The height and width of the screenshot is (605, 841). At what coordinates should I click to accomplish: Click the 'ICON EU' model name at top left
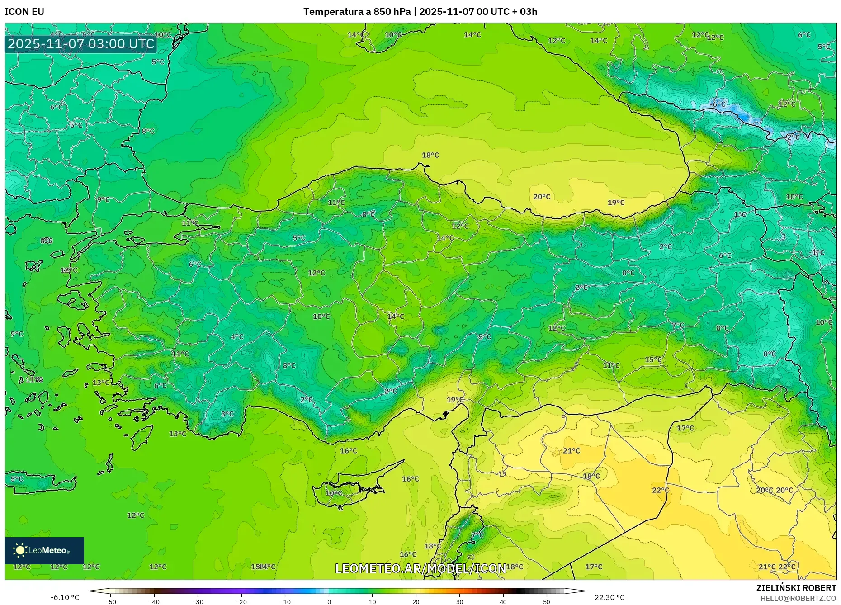(x=24, y=12)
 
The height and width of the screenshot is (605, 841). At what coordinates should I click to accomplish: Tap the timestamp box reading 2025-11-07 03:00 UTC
(x=81, y=44)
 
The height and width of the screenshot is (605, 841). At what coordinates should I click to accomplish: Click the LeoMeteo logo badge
(x=44, y=550)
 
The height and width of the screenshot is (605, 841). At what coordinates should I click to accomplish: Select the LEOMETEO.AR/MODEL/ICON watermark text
(x=420, y=568)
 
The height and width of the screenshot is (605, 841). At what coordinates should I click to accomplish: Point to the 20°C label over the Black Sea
(x=542, y=197)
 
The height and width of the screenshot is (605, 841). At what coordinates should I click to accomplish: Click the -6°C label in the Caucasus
(x=718, y=104)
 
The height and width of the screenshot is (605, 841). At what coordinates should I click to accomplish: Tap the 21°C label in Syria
(x=572, y=451)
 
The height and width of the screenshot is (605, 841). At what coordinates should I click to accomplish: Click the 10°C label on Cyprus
(x=334, y=493)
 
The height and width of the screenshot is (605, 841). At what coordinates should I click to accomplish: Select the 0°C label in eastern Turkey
(x=770, y=354)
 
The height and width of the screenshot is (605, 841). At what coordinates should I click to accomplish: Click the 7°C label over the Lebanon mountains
(x=477, y=535)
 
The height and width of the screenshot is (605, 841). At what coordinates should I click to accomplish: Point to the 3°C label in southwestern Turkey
(x=227, y=414)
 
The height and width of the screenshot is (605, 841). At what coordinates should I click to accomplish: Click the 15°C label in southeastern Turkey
(x=653, y=360)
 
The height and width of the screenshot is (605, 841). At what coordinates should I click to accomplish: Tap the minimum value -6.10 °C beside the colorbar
(x=65, y=597)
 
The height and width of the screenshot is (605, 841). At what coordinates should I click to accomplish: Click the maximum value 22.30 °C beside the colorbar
(x=609, y=597)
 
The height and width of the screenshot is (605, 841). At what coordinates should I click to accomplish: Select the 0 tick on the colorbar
(x=329, y=601)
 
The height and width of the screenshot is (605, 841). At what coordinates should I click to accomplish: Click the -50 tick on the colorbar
(x=111, y=601)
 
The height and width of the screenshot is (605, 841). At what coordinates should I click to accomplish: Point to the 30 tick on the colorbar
(x=460, y=601)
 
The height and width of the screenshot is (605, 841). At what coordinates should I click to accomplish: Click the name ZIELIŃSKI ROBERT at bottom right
(x=796, y=588)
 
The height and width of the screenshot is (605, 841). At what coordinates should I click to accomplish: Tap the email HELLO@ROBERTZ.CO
(x=798, y=598)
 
